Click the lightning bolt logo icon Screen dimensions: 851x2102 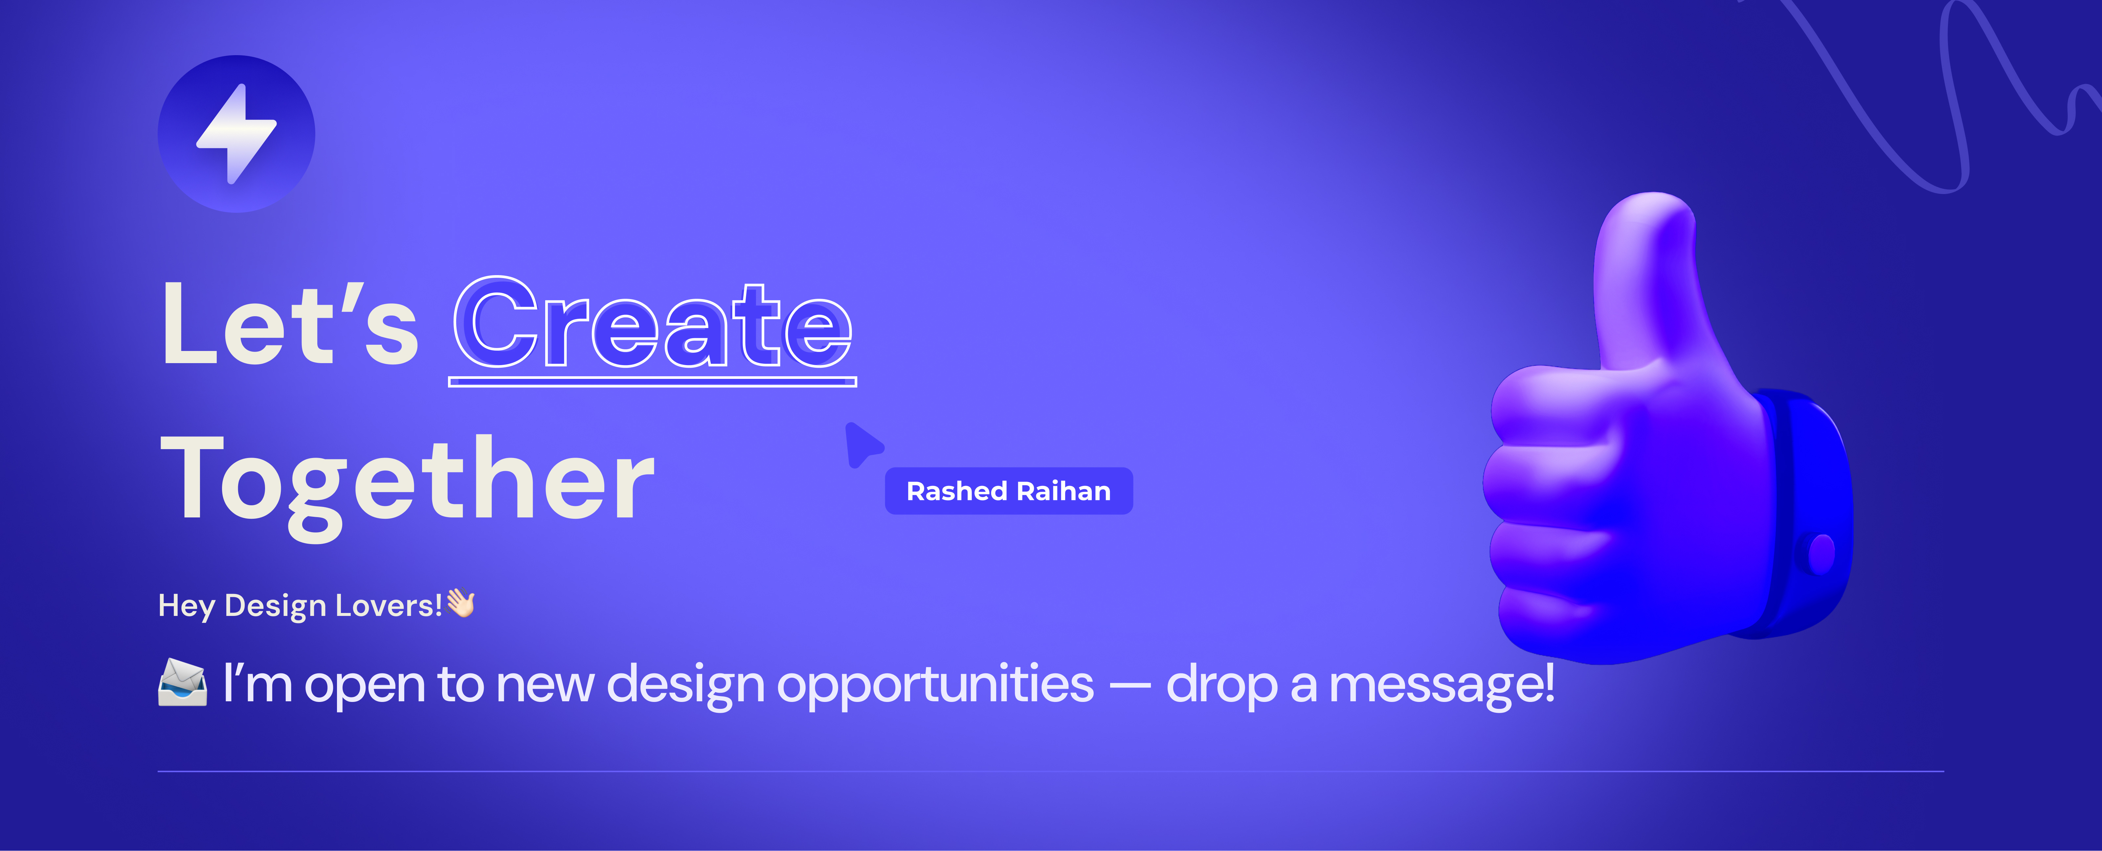coord(236,134)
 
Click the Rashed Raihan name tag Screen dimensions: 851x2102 coord(1009,491)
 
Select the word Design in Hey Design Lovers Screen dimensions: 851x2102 coord(275,606)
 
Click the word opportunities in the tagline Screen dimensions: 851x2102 coord(935,684)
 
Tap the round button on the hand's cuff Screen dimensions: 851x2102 coord(1821,553)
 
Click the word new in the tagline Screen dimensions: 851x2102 coord(545,684)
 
